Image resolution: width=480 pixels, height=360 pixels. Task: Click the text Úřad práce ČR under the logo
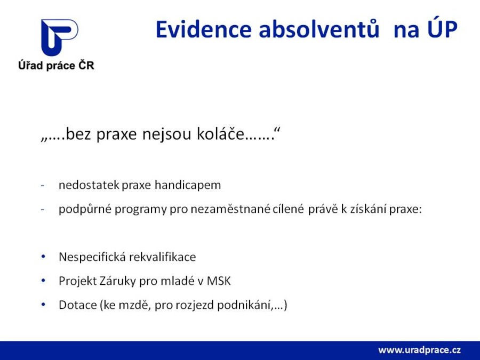(56, 66)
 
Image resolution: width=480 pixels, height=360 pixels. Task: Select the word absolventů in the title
(319, 29)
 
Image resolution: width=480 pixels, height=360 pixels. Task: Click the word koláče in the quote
(220, 134)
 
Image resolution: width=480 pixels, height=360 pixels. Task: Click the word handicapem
(188, 185)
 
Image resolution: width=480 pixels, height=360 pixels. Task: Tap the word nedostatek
(89, 185)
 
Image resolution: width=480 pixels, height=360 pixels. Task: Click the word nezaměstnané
(230, 209)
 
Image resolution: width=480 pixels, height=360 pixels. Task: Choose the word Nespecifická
(92, 257)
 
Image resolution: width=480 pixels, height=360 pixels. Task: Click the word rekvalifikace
(162, 257)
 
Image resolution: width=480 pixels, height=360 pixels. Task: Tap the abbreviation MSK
(219, 281)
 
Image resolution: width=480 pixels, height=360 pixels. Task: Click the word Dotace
(78, 305)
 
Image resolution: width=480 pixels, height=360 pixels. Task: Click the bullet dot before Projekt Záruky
(43, 281)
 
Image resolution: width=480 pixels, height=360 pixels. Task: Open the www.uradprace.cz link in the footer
(419, 350)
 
